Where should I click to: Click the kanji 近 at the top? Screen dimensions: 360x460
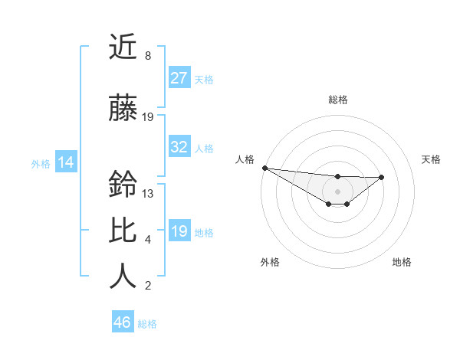[x=123, y=47]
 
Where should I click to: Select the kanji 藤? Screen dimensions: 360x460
[x=123, y=109]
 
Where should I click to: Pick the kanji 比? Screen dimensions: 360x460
[x=123, y=231]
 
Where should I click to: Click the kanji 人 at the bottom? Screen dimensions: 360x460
[x=123, y=277]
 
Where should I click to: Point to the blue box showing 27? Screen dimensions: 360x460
[x=179, y=78]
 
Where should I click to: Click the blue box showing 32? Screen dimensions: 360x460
[x=179, y=147]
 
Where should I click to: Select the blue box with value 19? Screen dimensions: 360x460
[x=179, y=231]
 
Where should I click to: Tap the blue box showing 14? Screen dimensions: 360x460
[x=65, y=162]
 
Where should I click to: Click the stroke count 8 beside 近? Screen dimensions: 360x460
[x=147, y=56]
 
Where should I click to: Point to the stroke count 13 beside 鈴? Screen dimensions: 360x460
[x=148, y=194]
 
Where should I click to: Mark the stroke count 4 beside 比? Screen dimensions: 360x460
[x=147, y=240]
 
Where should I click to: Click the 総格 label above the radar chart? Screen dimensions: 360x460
[x=337, y=100]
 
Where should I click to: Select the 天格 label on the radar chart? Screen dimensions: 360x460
[x=432, y=159]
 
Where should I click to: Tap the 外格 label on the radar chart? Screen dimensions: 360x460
[x=270, y=262]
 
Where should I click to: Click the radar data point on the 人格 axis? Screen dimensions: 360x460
[x=264, y=168]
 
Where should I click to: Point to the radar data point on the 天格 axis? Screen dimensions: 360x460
[x=382, y=177]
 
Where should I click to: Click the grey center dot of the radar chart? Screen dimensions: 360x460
[x=337, y=191]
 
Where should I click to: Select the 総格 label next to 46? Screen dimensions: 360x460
[x=147, y=324]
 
